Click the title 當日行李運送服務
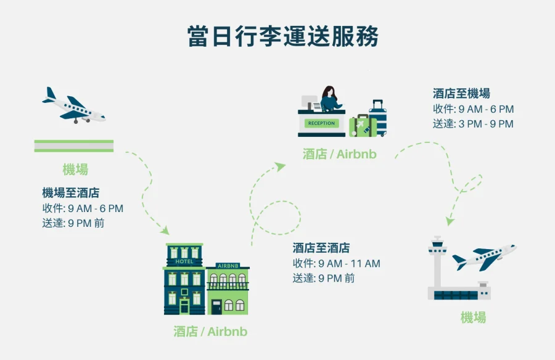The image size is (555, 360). pyautogui.click(x=283, y=36)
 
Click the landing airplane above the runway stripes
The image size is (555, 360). pyautogui.click(x=75, y=106)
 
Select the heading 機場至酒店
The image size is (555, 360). pyautogui.click(x=71, y=193)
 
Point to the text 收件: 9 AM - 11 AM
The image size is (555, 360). pyautogui.click(x=336, y=263)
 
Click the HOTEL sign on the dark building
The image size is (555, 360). pyautogui.click(x=184, y=261)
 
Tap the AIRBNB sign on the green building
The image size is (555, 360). pyautogui.click(x=228, y=266)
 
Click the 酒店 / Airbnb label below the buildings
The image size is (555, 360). pyautogui.click(x=210, y=332)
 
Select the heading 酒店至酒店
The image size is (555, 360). pyautogui.click(x=321, y=248)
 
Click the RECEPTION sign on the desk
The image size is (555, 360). pyautogui.click(x=321, y=123)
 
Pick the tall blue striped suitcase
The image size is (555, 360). pyautogui.click(x=377, y=118)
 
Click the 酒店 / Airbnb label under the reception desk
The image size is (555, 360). pyautogui.click(x=339, y=154)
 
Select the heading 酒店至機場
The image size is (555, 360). pyautogui.click(x=461, y=94)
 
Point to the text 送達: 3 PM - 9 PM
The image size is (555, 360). pyautogui.click(x=473, y=124)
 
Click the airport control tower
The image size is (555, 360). pyautogui.click(x=438, y=265)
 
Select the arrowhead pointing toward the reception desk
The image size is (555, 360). pyautogui.click(x=281, y=165)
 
